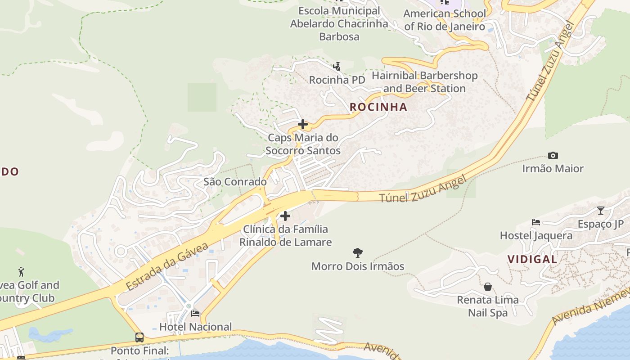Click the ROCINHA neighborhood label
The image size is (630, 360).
tap(378, 107)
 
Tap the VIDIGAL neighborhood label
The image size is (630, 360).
tap(532, 259)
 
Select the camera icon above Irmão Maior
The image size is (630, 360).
tap(553, 156)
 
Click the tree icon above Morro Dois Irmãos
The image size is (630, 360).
tap(358, 252)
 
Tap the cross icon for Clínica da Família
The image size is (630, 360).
tap(285, 216)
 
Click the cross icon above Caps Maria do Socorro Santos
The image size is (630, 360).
tap(303, 124)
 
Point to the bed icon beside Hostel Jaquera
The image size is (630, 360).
tap(535, 222)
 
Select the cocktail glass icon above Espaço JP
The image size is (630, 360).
tap(600, 210)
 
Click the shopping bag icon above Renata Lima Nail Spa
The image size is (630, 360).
tap(487, 287)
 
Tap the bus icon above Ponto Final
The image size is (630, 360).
tap(139, 337)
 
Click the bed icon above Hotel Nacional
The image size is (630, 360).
tap(195, 313)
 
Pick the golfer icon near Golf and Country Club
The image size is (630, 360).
tap(21, 271)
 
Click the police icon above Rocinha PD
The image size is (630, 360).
tap(337, 67)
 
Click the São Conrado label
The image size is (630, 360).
tap(235, 182)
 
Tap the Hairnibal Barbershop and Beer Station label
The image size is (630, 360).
tap(424, 82)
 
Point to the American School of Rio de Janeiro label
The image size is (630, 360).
tap(444, 20)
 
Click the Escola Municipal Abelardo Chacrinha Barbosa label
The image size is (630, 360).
tap(339, 23)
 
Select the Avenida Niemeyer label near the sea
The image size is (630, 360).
tap(589, 307)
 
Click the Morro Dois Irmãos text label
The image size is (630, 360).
tap(358, 266)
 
